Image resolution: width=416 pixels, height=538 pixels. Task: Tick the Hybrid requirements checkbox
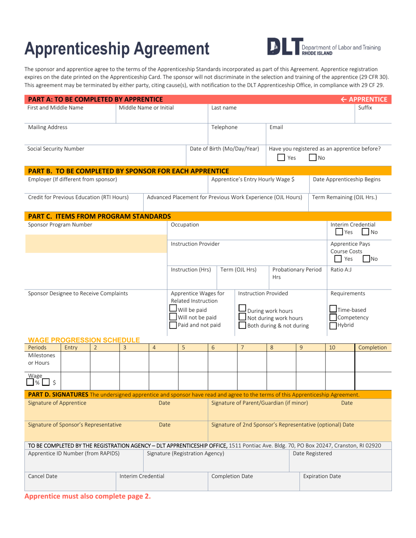pos(334,325)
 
